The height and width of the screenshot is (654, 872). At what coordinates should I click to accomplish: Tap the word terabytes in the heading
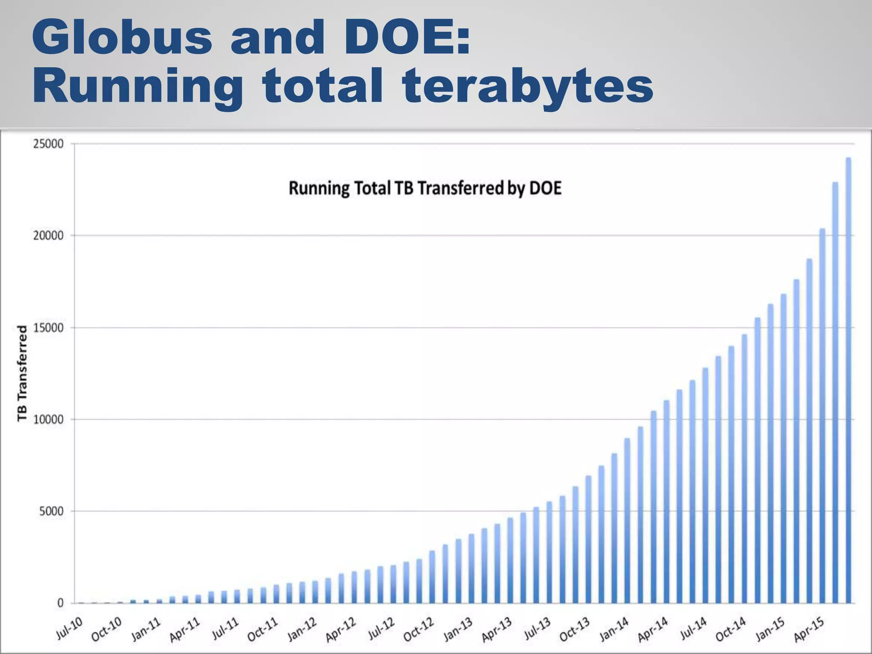(528, 86)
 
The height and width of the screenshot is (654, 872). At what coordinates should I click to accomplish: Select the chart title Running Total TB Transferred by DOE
(425, 188)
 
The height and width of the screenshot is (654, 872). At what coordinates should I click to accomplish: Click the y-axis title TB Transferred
(22, 373)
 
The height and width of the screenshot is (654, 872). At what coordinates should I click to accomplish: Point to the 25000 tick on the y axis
(48, 144)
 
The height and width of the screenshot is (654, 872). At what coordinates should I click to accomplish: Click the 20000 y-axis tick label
(48, 236)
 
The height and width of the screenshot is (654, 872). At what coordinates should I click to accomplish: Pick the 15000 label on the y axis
(48, 328)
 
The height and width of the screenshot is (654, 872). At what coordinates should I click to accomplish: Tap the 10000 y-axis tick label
(48, 420)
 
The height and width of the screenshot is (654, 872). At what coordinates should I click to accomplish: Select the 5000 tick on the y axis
(51, 511)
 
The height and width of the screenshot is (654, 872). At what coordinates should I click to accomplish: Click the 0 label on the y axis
(60, 603)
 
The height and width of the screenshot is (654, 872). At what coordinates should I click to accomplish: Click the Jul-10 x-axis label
(69, 629)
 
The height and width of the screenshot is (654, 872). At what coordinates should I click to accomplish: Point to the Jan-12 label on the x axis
(302, 629)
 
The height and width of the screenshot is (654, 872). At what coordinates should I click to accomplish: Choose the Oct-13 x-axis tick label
(575, 629)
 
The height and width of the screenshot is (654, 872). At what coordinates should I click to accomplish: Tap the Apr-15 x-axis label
(809, 629)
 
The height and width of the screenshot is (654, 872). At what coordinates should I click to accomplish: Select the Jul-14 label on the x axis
(693, 629)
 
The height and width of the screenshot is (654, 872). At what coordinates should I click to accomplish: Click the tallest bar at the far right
(848, 379)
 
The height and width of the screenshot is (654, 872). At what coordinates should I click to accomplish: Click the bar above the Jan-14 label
(627, 519)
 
